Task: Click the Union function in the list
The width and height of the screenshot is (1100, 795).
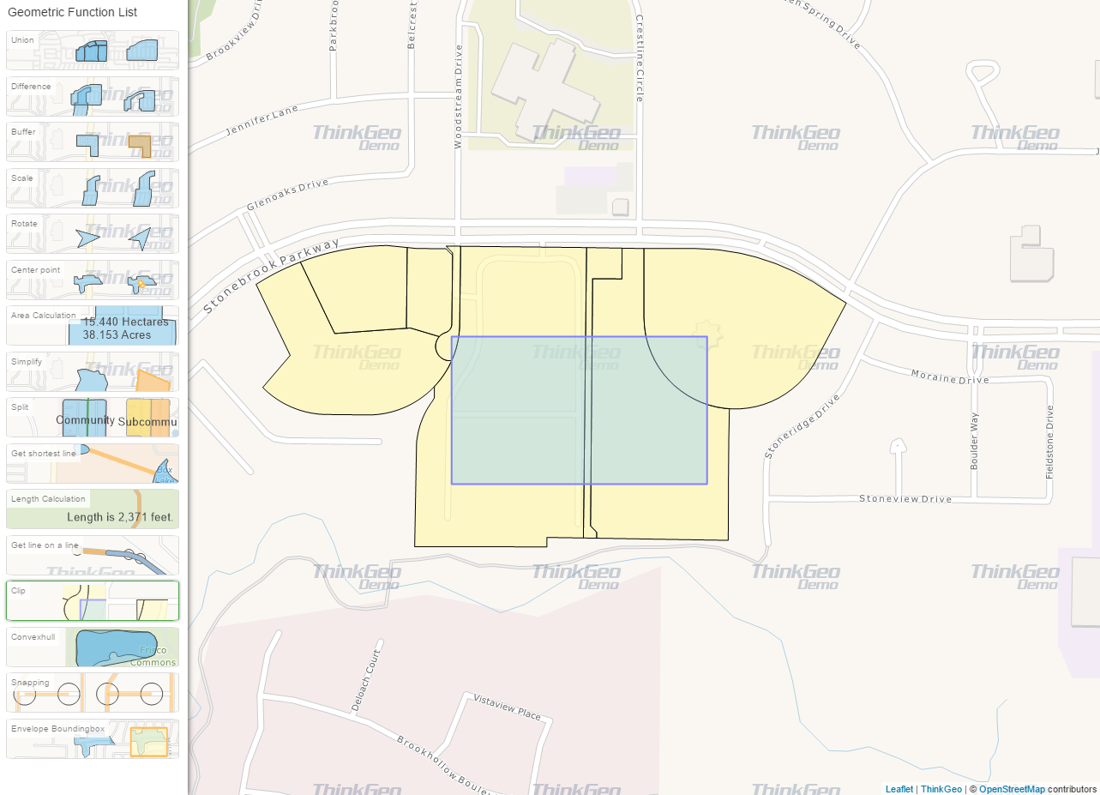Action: [93, 51]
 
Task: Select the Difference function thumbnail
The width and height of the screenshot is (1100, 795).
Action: [93, 96]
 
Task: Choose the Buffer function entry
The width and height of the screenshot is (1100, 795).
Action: [93, 142]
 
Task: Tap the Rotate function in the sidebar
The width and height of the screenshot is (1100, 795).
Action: [93, 234]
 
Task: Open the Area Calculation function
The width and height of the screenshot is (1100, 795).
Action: [93, 326]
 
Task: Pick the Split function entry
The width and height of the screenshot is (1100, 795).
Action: [93, 418]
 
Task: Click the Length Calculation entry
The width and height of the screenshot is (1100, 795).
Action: [93, 509]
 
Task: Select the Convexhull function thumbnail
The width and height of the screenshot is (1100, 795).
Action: [93, 647]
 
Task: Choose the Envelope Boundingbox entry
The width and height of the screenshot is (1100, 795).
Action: [93, 739]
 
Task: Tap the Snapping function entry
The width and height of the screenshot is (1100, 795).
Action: [93, 693]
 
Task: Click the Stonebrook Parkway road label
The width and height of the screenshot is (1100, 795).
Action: [271, 275]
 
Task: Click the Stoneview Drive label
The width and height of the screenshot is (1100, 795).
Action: [905, 498]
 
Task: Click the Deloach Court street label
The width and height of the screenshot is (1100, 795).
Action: [365, 680]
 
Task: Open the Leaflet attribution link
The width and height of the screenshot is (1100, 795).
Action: [899, 789]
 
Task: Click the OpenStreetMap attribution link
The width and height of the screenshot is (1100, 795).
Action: [1012, 789]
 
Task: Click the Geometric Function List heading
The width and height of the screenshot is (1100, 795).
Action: [72, 13]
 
